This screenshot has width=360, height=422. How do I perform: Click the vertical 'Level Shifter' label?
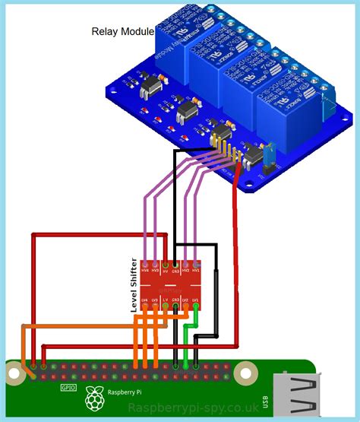click(x=134, y=285)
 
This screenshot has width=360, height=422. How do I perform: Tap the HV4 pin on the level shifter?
click(x=145, y=270)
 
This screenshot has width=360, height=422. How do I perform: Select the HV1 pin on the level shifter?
click(x=196, y=270)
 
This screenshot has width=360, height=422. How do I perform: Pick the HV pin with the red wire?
click(x=166, y=270)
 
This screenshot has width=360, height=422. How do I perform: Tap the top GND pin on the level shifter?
click(x=176, y=270)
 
